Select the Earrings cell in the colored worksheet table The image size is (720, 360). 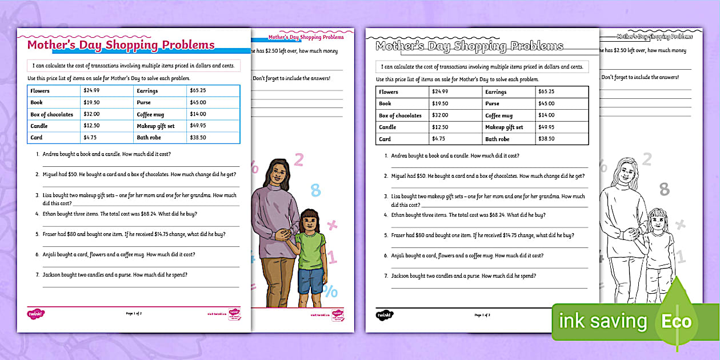(x=147, y=91)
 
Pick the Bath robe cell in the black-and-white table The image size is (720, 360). (x=497, y=139)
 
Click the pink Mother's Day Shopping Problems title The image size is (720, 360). (x=121, y=45)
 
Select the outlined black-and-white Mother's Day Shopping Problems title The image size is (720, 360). (x=469, y=46)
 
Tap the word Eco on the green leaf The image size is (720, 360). (x=677, y=321)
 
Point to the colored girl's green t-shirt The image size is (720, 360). (x=311, y=246)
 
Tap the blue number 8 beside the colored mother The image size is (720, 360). (x=315, y=190)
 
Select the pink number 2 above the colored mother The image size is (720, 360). (x=298, y=160)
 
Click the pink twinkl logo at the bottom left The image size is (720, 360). (x=35, y=314)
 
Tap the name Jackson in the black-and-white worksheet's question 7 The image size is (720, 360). (x=401, y=276)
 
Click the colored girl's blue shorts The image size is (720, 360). (x=310, y=281)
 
